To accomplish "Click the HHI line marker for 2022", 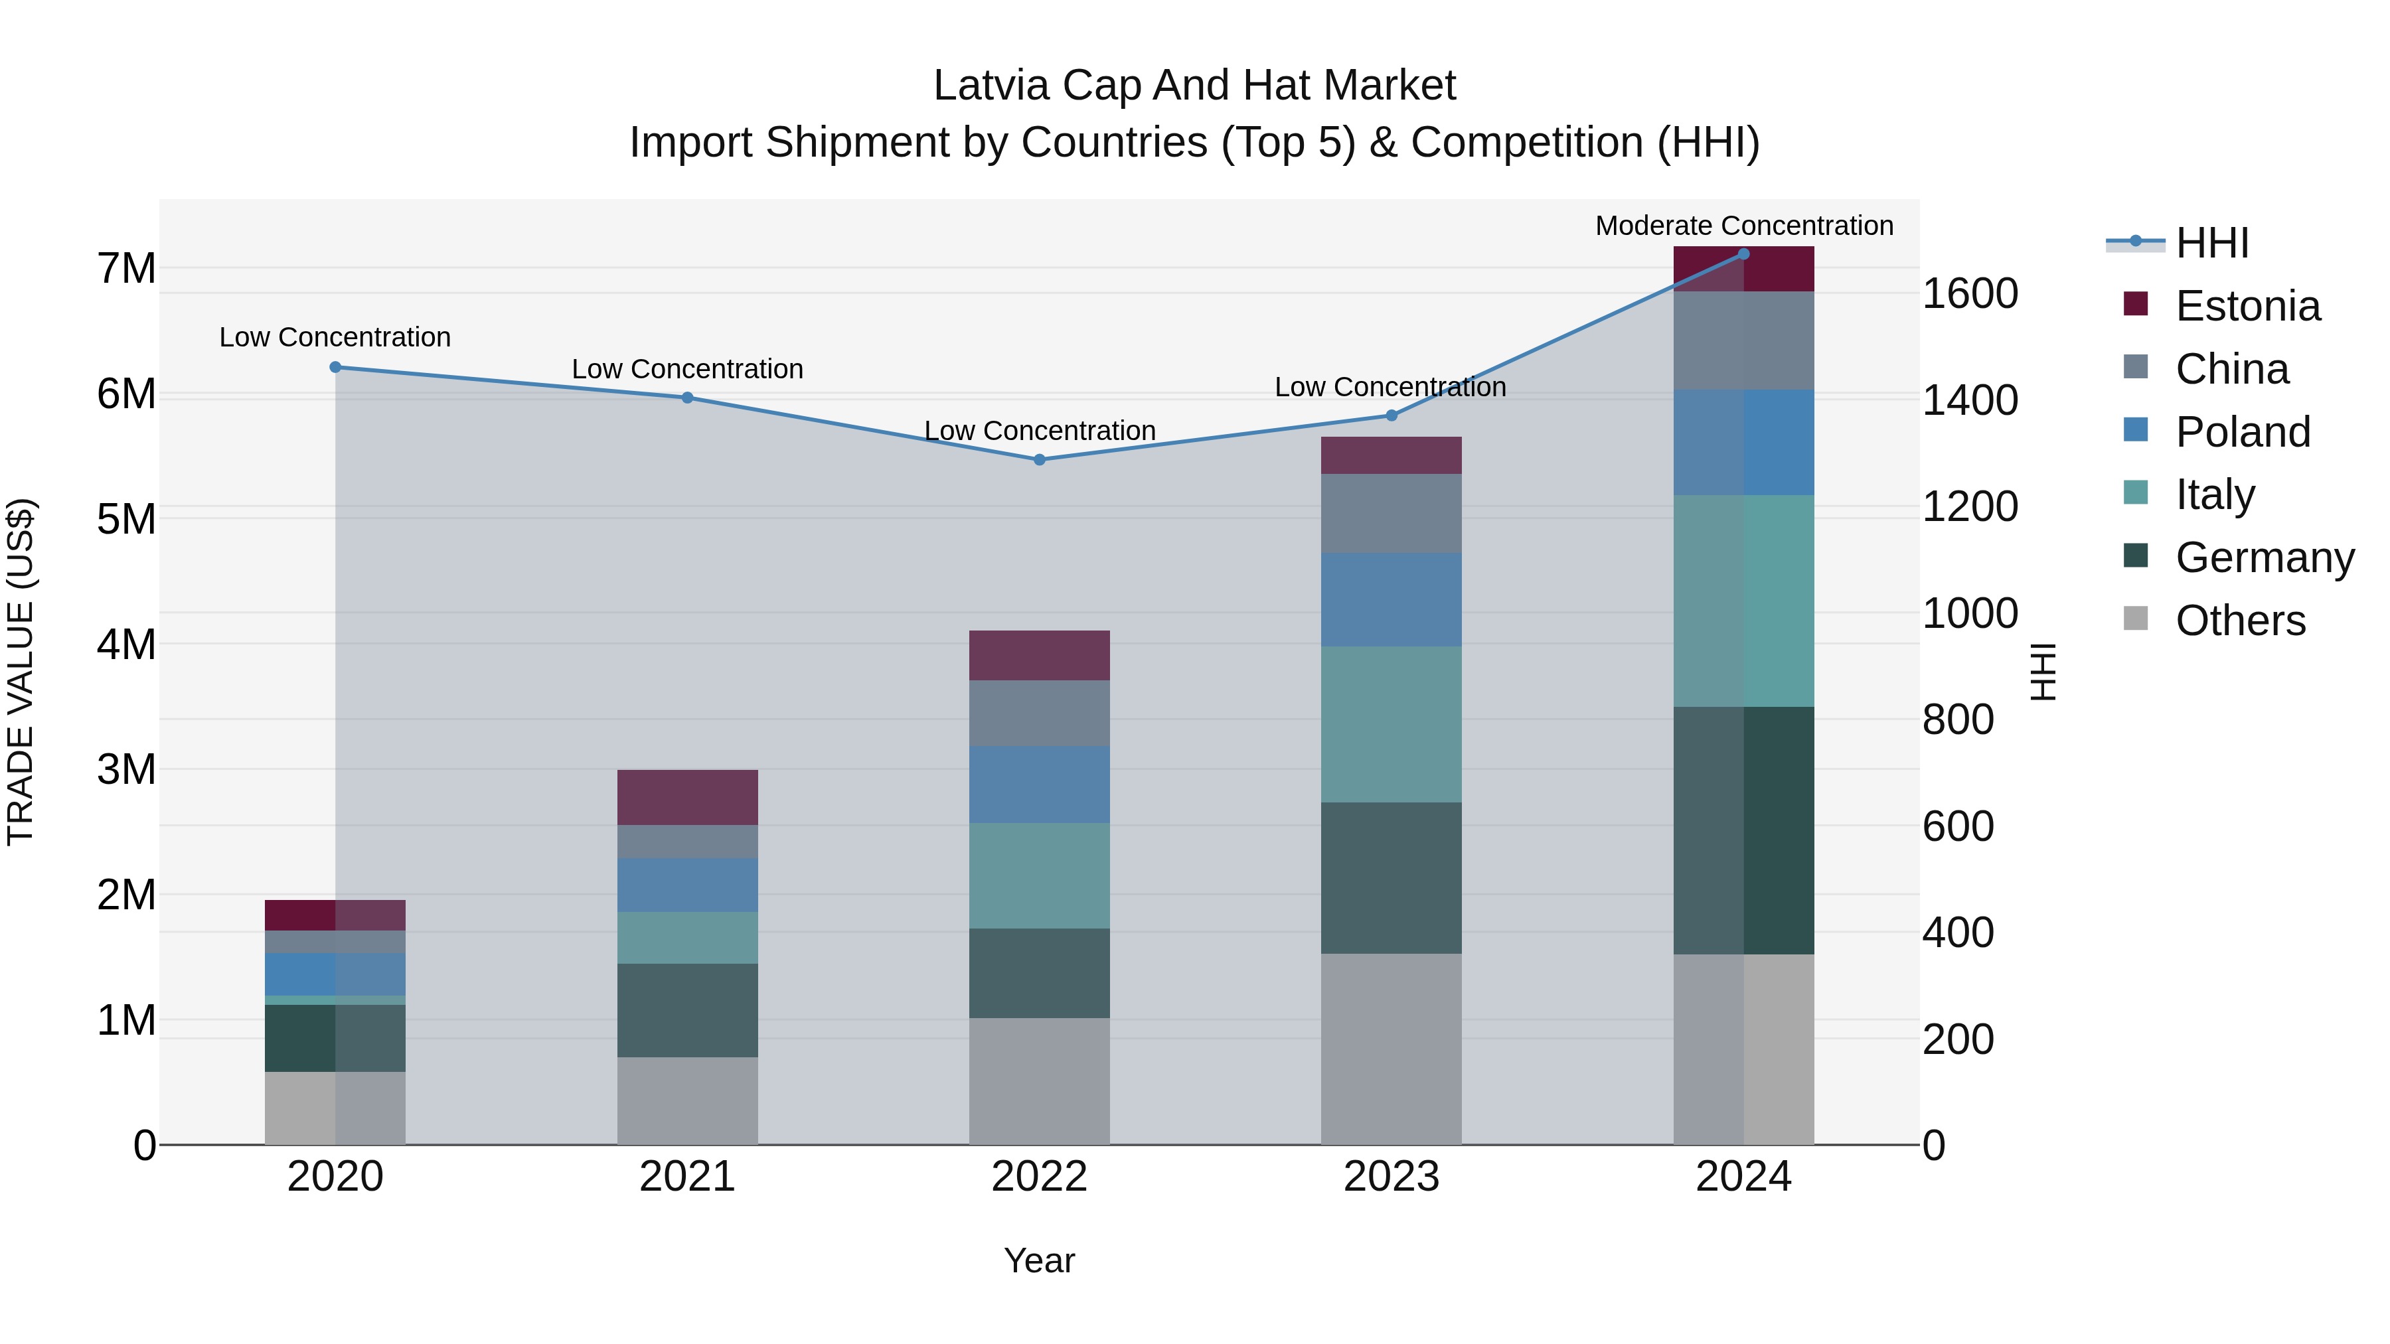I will tap(1039, 460).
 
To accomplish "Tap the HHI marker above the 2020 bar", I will tap(336, 367).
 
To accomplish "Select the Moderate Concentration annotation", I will tap(1743, 226).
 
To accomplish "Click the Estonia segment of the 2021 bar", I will tap(688, 798).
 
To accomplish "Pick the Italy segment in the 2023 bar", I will tap(1391, 724).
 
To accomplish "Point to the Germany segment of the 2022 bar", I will tap(1039, 973).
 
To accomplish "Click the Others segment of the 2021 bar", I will tap(688, 1101).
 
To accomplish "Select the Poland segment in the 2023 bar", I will tap(1391, 600).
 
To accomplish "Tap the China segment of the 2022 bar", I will tap(1039, 713).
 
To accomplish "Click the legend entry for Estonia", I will tap(2247, 306).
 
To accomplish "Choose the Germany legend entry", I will tap(2264, 558).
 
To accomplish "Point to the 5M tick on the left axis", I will tap(127, 520).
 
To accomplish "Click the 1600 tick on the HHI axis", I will tap(1970, 294).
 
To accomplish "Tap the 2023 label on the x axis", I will tap(1391, 1177).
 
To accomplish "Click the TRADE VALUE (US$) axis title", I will tap(21, 672).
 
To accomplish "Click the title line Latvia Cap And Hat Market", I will tap(1194, 86).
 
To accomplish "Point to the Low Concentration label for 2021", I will tap(688, 369).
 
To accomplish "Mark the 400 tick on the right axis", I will tap(1958, 933).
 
